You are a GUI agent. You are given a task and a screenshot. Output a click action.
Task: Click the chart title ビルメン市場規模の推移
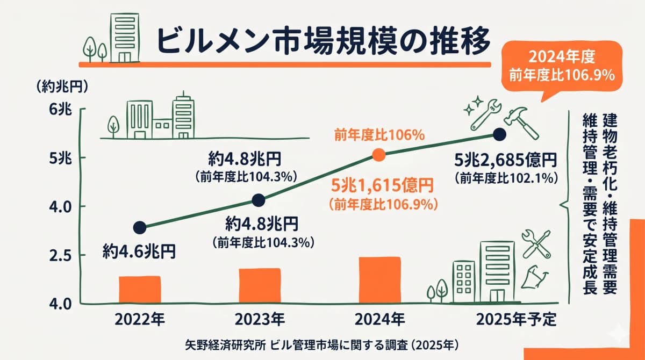click(x=322, y=40)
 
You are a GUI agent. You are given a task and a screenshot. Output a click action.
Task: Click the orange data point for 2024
click(x=379, y=155)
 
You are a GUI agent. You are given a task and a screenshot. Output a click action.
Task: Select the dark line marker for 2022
click(x=139, y=227)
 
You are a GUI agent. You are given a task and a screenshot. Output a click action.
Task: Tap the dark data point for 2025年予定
click(x=499, y=133)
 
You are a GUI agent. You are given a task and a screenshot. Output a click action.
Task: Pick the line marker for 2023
click(x=259, y=200)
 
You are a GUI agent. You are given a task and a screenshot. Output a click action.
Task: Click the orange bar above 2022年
click(x=140, y=290)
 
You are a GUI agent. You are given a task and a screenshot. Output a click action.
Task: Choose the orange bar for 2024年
click(x=380, y=280)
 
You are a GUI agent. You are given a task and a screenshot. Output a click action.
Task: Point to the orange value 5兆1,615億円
click(x=382, y=186)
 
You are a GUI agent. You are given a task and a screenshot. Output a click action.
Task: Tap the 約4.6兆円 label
click(x=139, y=251)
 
